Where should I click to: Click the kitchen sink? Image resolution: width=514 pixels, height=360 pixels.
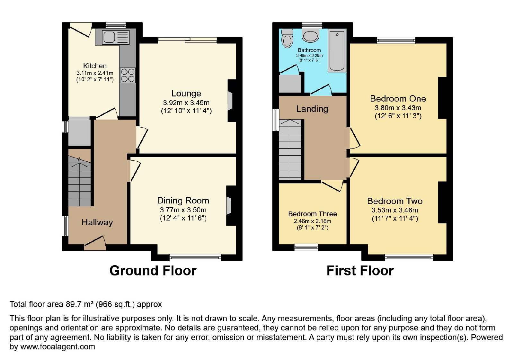(116, 38)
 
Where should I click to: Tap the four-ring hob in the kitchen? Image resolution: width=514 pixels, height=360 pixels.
(128, 75)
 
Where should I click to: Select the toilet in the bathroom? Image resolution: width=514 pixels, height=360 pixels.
(287, 38)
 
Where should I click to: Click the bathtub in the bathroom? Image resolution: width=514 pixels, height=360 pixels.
(337, 50)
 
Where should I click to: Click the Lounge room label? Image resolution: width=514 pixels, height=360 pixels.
(186, 94)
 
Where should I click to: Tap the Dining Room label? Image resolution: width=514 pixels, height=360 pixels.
(183, 201)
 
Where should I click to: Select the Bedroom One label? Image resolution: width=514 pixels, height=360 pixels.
(398, 99)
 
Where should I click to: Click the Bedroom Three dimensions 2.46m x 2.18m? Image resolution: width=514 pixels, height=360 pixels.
(313, 221)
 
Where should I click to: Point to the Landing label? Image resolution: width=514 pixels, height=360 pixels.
(312, 109)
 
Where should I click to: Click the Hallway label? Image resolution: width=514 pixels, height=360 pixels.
(97, 222)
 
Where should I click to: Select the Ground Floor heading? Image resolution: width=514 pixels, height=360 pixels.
(153, 271)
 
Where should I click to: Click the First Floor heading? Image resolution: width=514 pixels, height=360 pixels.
(360, 271)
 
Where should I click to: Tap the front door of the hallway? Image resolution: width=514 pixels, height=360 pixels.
(95, 243)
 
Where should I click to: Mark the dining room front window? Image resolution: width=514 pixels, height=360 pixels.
(195, 257)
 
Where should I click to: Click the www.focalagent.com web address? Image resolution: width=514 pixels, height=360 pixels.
(58, 347)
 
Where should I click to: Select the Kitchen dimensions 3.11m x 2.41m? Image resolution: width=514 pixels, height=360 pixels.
(95, 73)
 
